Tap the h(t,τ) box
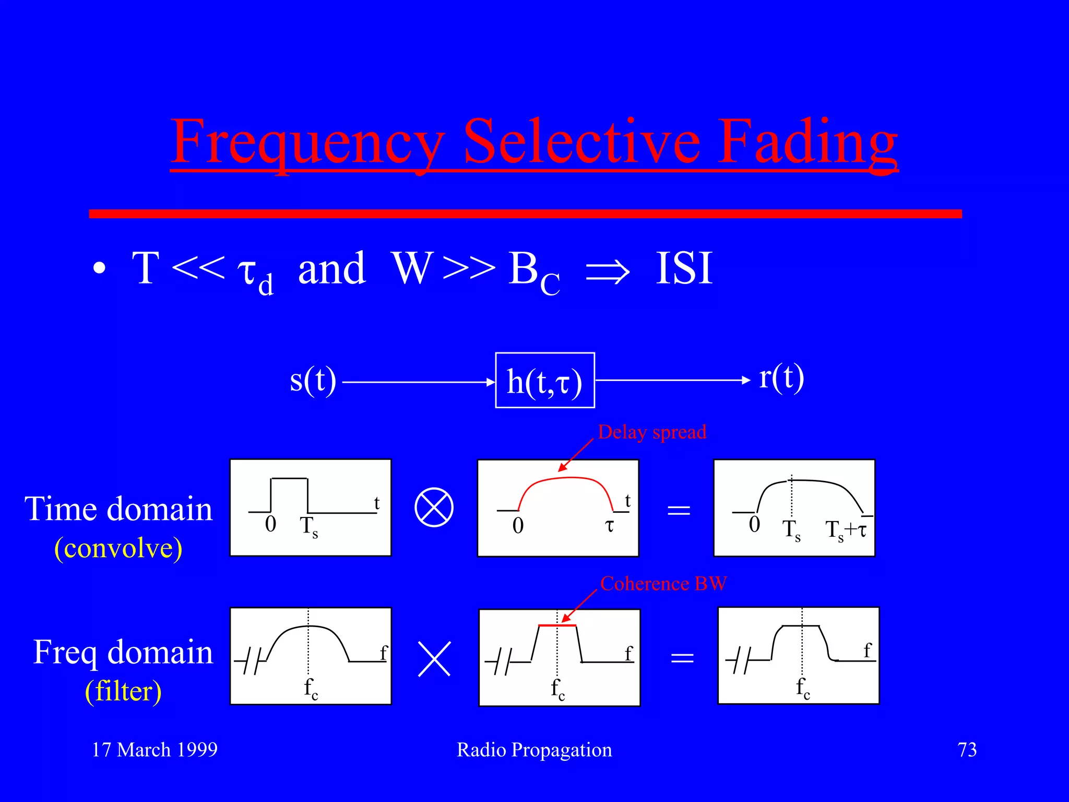544,381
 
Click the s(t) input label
313,380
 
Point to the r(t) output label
781,377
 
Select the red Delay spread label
652,432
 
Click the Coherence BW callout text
663,583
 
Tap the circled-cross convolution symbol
434,508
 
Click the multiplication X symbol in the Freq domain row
434,659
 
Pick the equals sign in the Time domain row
679,510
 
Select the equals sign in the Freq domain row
682,658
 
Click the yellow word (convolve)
118,548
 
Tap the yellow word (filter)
123,691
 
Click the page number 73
967,750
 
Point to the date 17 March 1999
155,750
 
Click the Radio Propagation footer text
534,750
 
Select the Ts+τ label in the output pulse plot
846,530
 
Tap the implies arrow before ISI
608,272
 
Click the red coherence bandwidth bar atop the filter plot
557,625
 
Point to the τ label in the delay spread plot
609,525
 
